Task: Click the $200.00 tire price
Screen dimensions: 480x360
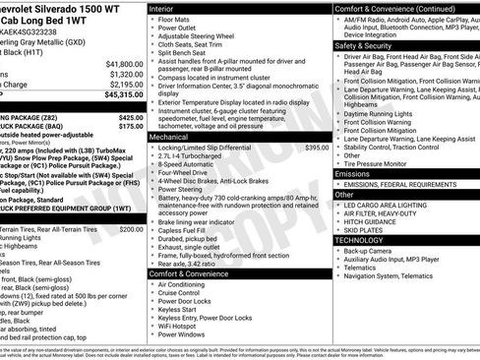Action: (131, 228)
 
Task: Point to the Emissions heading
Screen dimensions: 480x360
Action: (353, 173)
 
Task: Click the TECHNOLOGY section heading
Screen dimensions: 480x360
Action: (359, 240)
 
